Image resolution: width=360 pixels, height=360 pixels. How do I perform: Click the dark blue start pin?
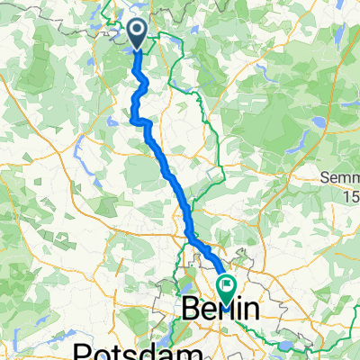pos(137,35)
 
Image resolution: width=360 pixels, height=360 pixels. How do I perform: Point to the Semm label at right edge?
pos(342,178)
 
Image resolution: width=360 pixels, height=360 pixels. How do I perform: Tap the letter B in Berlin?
pos(191,310)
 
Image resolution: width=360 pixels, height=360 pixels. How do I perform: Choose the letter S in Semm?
pos(328,178)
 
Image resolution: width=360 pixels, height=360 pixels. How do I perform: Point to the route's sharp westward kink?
pos(134,117)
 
